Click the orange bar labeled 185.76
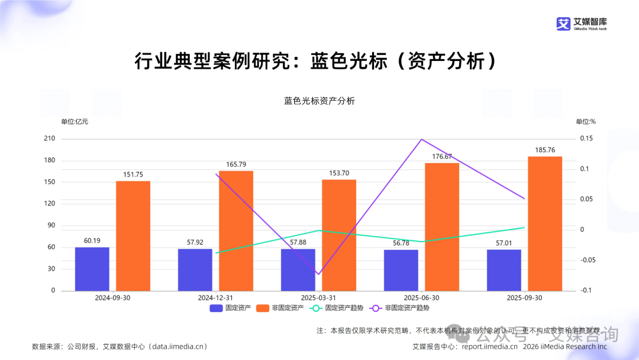point(544,224)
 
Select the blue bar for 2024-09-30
point(92,269)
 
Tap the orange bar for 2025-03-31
point(339,235)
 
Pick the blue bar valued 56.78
point(401,270)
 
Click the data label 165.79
point(236,164)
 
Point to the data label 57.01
point(504,243)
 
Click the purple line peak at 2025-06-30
point(421,139)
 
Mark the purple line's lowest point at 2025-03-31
point(318,274)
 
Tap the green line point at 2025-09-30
point(524,227)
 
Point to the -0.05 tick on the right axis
point(588,260)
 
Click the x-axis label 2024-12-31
point(215,298)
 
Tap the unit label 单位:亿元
point(75,121)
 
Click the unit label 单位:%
point(585,121)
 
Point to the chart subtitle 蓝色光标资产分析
point(319,101)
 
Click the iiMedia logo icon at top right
point(563,24)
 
